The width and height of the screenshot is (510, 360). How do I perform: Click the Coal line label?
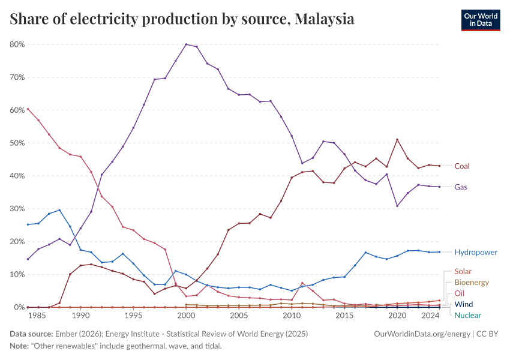point(462,166)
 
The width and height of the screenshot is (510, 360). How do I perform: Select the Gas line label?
point(461,187)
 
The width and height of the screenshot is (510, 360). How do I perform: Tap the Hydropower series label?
point(476,253)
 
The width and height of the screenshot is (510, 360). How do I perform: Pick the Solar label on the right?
point(463,272)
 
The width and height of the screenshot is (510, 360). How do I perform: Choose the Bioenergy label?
point(472,283)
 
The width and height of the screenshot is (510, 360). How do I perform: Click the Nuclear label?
point(467,316)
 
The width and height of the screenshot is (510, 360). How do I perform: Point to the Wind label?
point(464,305)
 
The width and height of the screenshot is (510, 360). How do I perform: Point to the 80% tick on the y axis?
point(17,44)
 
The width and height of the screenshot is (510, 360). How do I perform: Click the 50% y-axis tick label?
point(17,143)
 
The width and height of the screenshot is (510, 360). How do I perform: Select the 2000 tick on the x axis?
point(186,316)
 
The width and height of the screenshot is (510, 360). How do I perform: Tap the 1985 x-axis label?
point(38,316)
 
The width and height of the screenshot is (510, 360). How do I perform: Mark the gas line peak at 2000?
point(186,44)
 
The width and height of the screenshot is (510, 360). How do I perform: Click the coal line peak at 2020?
point(397,140)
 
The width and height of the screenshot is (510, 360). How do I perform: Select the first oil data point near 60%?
point(28,109)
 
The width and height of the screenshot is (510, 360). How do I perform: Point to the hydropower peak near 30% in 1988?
point(59,210)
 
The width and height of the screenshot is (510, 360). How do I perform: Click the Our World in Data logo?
point(480,20)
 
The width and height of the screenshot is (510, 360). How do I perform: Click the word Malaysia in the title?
point(325,20)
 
